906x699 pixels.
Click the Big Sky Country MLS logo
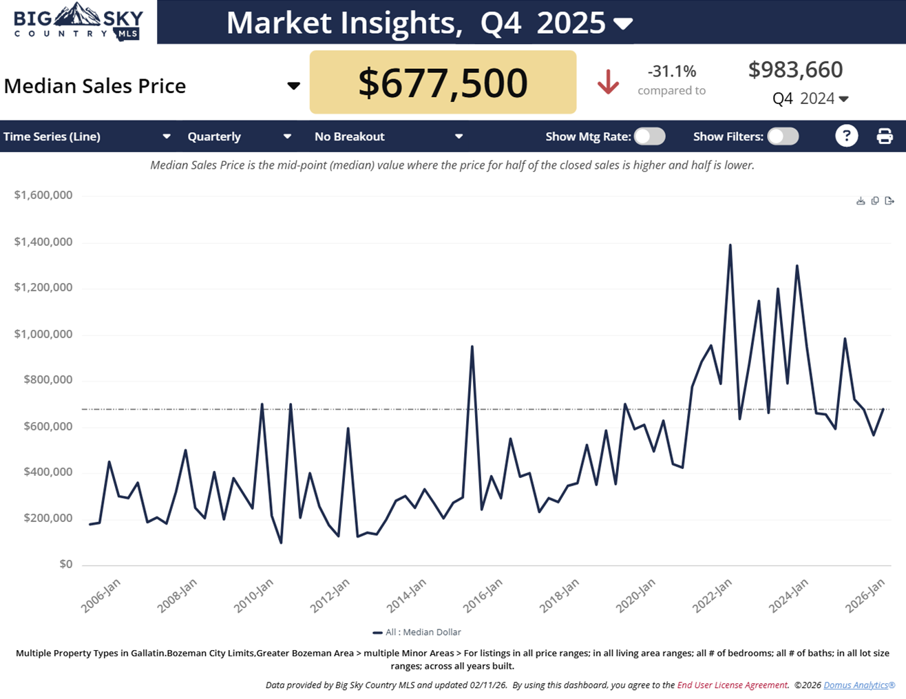[78, 22]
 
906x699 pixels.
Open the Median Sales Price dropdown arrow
[293, 85]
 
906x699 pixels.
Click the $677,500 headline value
[443, 83]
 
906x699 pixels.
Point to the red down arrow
[608, 82]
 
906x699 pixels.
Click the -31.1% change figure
[671, 71]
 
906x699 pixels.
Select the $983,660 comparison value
[795, 70]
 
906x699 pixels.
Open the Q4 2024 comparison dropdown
[843, 99]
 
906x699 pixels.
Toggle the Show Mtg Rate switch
[649, 136]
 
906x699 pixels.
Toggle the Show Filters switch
[783, 136]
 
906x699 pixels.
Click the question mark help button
[846, 136]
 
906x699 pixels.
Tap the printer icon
[885, 136]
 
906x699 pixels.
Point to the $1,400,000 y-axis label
[43, 242]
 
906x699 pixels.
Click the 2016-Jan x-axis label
[483, 596]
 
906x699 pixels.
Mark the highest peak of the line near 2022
[730, 245]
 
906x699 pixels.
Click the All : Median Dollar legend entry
[417, 632]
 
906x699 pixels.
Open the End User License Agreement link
[732, 685]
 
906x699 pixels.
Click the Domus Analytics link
[858, 685]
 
